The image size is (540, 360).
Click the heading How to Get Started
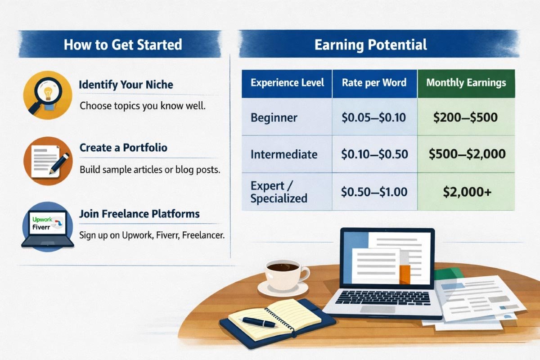click(x=122, y=45)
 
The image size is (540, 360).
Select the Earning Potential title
click(x=370, y=45)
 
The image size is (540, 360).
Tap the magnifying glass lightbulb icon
click(x=47, y=95)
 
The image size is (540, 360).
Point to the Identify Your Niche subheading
click(x=126, y=85)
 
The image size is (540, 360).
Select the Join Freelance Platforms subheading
click(x=139, y=213)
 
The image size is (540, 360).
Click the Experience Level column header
click(x=287, y=83)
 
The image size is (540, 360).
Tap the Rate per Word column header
click(x=374, y=83)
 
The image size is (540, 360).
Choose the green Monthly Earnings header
click(x=466, y=83)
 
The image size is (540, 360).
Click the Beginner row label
click(x=274, y=118)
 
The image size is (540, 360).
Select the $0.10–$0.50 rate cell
click(x=374, y=154)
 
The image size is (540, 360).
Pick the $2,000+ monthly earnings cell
click(x=466, y=192)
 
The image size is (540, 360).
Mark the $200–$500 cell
click(x=466, y=118)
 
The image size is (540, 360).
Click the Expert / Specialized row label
click(x=279, y=192)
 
